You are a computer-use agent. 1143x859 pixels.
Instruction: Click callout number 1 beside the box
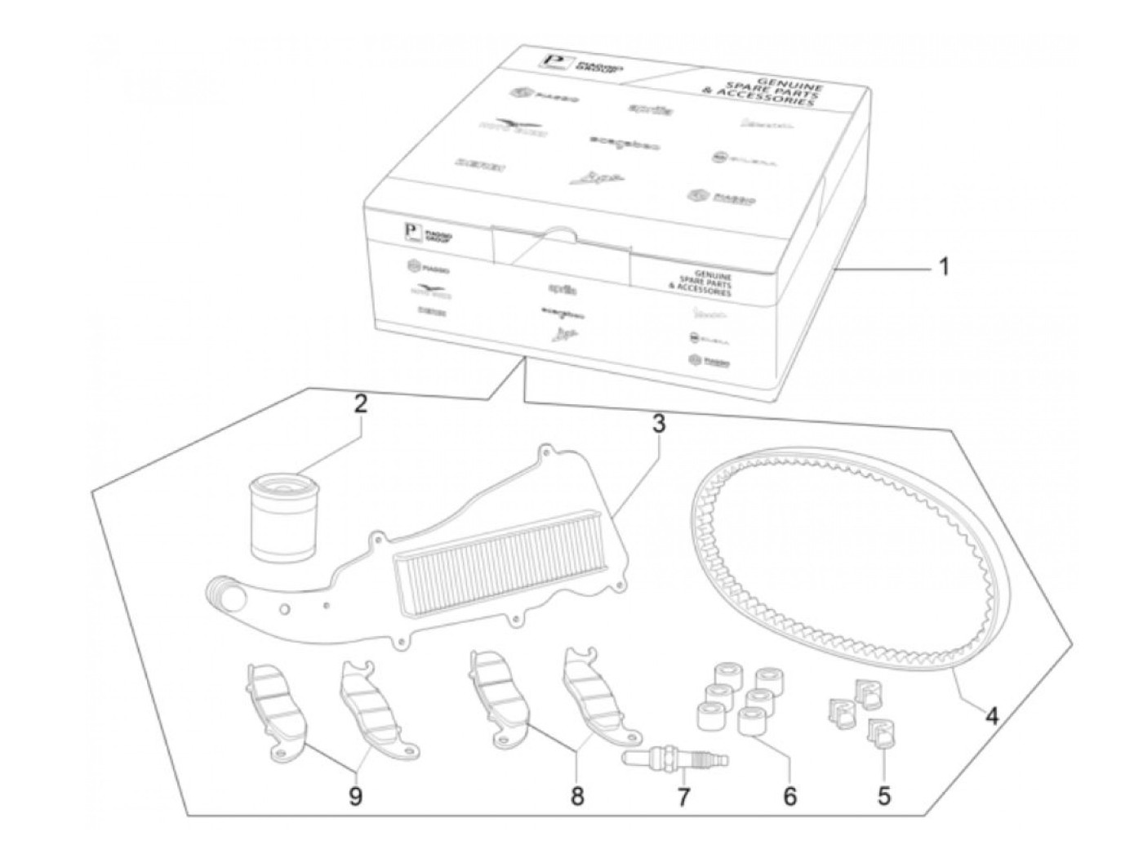(943, 267)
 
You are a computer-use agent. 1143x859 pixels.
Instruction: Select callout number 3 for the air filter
(658, 424)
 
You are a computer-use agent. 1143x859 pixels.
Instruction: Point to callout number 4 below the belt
(991, 716)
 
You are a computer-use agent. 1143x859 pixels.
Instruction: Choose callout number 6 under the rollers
(789, 795)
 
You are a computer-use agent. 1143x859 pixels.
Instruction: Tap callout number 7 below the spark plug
(683, 796)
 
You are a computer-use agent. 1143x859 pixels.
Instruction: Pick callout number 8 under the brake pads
(577, 796)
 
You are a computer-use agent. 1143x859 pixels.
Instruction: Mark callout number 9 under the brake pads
(356, 796)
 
